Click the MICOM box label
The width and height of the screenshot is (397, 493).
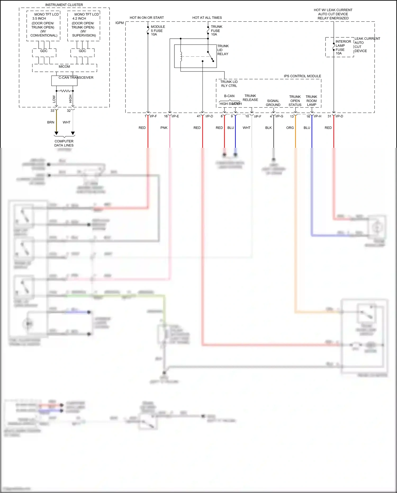(64, 66)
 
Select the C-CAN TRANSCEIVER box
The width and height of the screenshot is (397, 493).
(64, 81)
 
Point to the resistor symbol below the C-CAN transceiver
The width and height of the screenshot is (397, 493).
(65, 91)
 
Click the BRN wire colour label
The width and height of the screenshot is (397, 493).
(51, 122)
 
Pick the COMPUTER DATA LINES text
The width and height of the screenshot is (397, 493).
(64, 143)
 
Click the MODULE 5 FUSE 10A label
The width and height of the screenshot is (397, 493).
(158, 30)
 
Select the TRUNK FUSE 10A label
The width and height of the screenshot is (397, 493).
(216, 30)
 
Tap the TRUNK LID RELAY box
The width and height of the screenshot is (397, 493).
(195, 56)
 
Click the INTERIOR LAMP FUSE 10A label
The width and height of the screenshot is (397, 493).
(343, 47)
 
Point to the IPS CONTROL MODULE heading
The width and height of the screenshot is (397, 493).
(302, 76)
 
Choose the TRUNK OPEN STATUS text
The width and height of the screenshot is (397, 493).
(295, 101)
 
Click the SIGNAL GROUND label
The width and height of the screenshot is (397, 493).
(273, 103)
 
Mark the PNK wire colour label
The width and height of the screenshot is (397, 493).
(164, 128)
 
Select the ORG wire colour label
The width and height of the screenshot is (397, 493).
(290, 128)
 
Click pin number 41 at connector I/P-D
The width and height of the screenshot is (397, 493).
(198, 116)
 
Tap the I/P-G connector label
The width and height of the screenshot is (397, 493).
(279, 116)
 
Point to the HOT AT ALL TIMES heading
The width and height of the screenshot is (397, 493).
(207, 18)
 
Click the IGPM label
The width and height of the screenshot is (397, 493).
(120, 23)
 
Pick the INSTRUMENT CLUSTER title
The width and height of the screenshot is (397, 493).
(64, 5)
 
